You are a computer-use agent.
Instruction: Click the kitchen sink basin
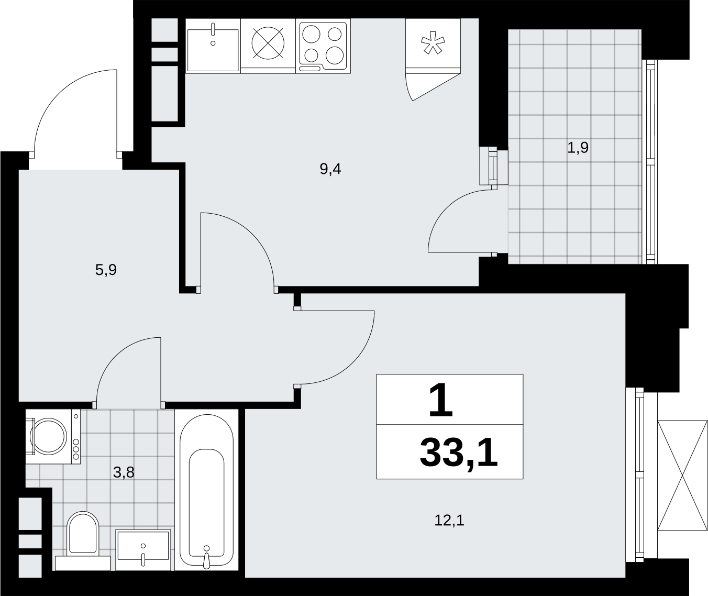pos(213,50)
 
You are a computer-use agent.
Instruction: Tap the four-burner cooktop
pos(323,46)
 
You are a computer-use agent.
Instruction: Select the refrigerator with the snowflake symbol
pos(433,46)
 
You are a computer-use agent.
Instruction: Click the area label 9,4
pos(330,169)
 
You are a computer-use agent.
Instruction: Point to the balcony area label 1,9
pos(578,148)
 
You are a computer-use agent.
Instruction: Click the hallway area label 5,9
pos(106,270)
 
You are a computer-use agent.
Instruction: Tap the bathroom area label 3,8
pos(124,472)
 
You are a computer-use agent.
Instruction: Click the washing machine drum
pos(49,436)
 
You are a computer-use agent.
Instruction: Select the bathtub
pos(206,490)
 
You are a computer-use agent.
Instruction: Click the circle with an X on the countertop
pos(268,43)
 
